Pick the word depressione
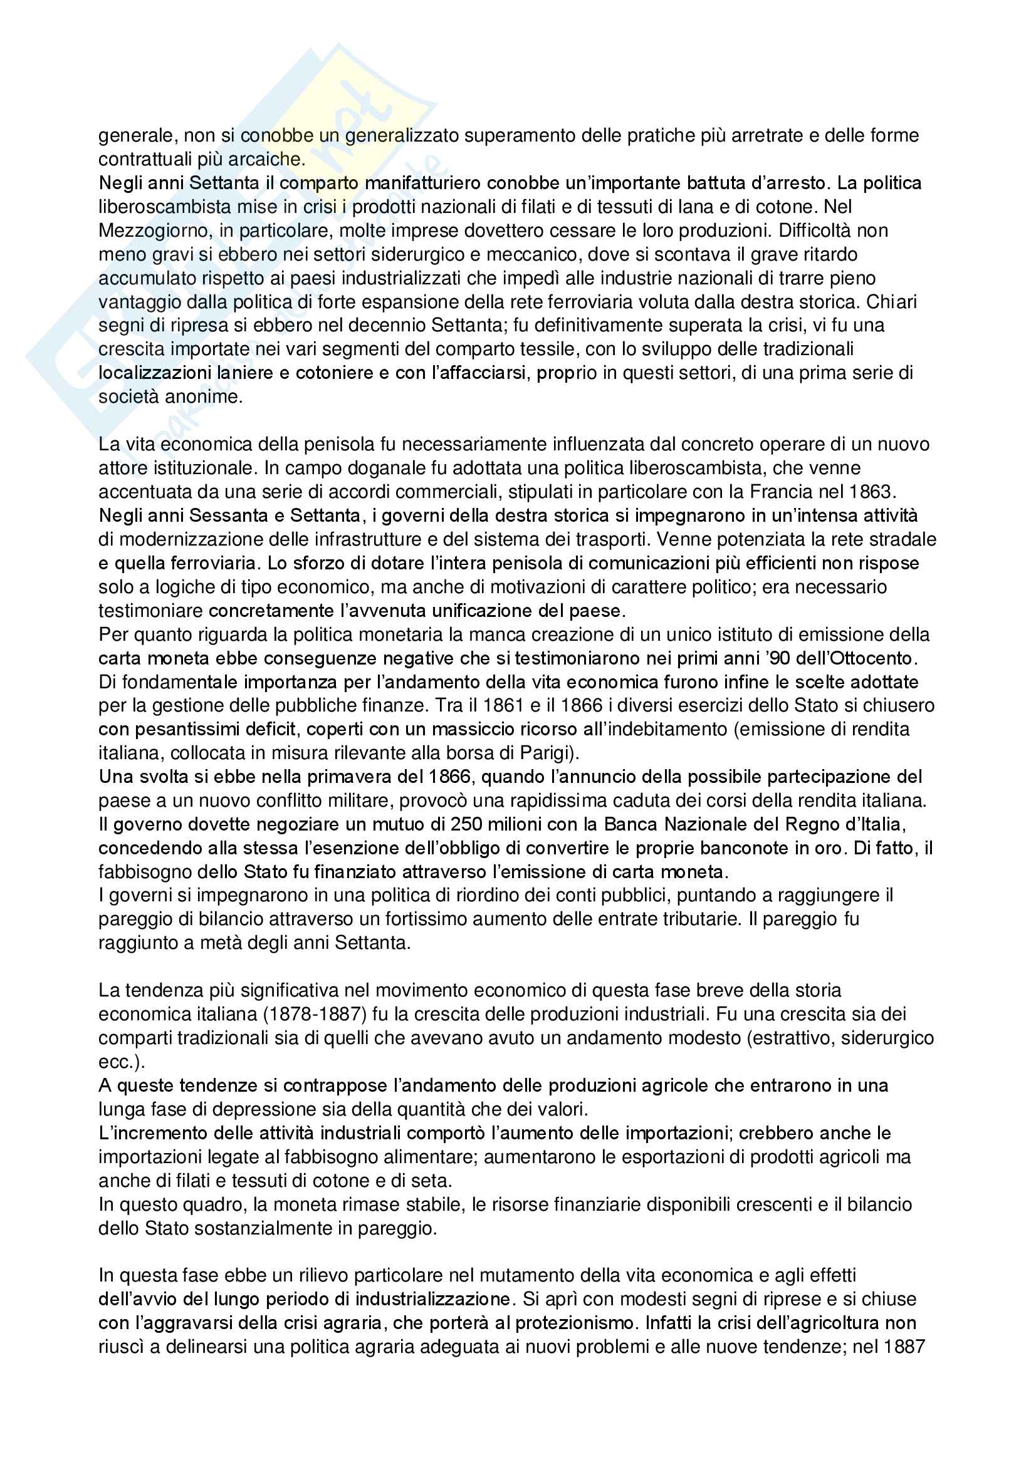click(230, 1110)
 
